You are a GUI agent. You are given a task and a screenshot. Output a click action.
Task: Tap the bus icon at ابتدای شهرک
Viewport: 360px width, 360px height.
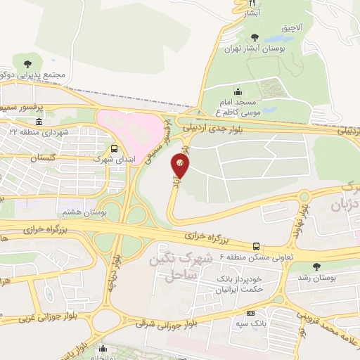coord(114,148)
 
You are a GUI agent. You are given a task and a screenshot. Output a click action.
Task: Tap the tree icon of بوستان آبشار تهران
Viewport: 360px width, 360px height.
coord(254,37)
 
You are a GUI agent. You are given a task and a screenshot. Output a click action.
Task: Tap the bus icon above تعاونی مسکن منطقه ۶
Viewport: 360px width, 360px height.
coord(256,246)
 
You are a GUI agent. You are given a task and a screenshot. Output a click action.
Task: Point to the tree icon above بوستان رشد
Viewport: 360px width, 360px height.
coord(314,266)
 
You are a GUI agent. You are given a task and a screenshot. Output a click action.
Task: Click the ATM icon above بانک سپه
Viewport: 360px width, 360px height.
coord(251,313)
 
